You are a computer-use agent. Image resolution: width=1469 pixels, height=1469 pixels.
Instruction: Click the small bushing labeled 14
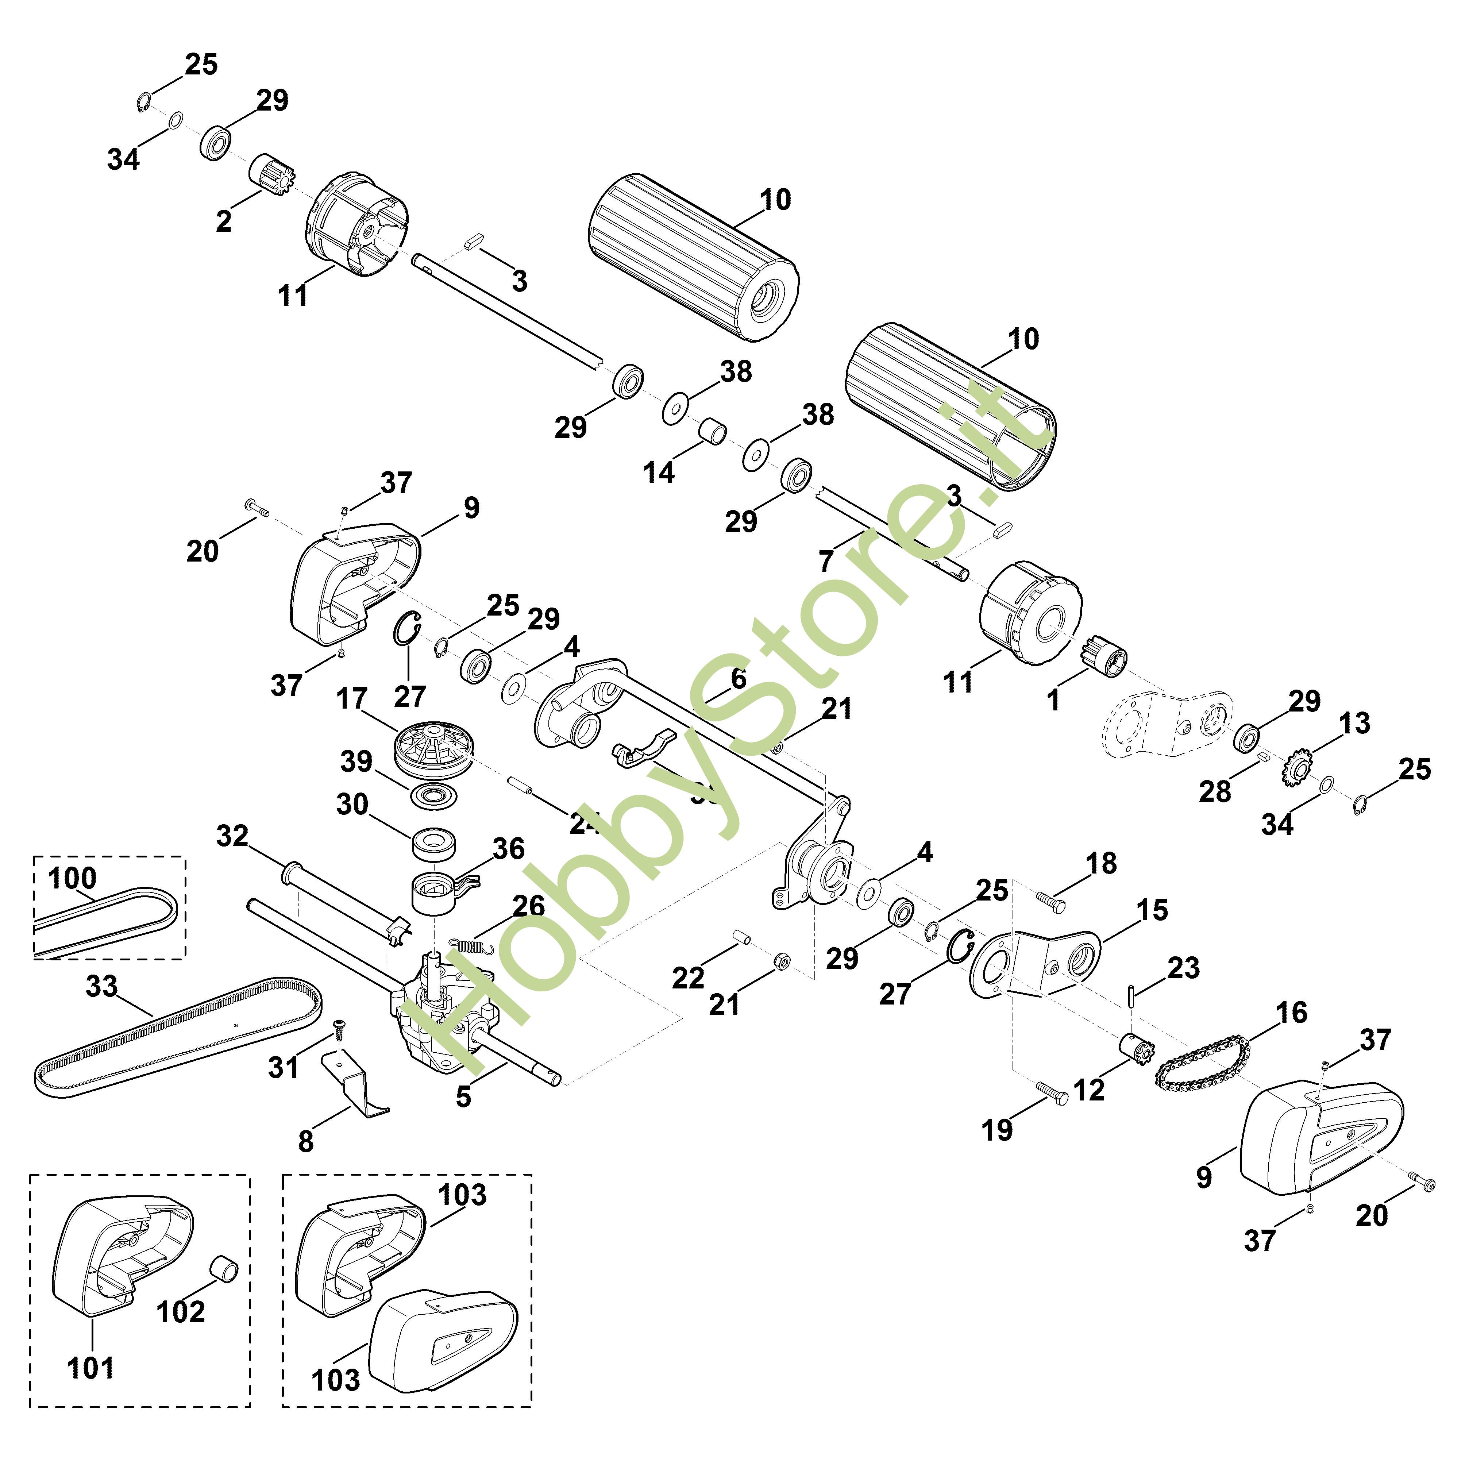point(713,429)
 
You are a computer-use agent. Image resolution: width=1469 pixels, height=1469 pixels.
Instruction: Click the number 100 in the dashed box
point(72,878)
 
